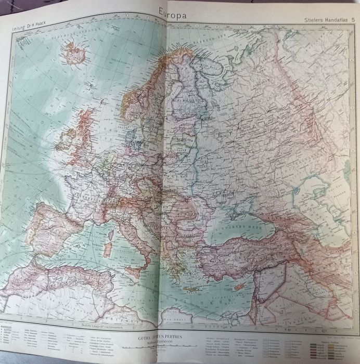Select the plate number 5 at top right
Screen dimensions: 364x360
point(354,19)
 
